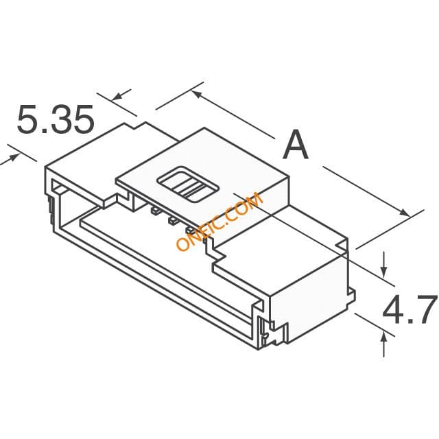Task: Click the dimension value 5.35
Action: point(55,119)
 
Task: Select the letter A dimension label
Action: point(296,145)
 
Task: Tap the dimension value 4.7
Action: point(410,309)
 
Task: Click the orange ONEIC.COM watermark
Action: point(219,221)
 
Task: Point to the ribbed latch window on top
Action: point(188,185)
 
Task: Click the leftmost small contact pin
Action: point(156,211)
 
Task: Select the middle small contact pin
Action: point(173,221)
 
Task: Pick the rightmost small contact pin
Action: point(191,230)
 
